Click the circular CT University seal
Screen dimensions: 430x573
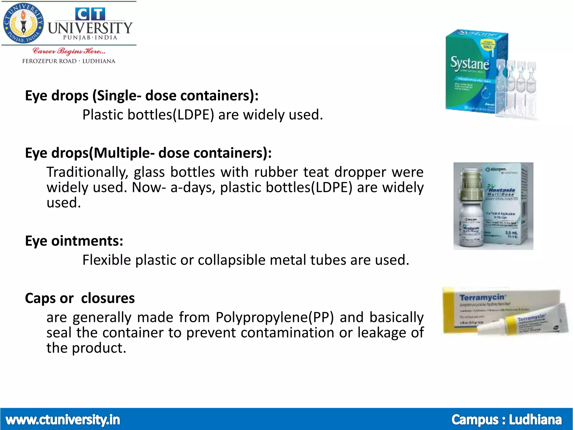[24, 24]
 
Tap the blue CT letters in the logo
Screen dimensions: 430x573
[90, 14]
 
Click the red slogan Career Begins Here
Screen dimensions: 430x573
[69, 51]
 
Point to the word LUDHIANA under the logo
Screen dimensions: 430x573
[99, 61]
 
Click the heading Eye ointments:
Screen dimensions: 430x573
[74, 241]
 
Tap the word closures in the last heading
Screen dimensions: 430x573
[108, 298]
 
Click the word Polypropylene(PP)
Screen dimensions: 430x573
[275, 317]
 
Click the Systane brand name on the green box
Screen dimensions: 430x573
[469, 64]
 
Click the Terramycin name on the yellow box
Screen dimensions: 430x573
[482, 297]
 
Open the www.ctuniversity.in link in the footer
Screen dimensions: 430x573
[63, 420]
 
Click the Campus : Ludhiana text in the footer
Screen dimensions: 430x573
[506, 420]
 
